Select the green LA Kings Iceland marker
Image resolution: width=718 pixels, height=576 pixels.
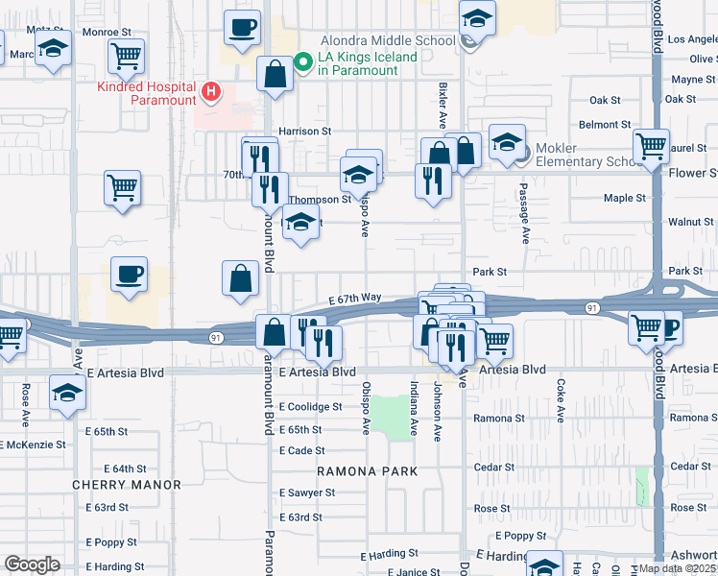pos(303,63)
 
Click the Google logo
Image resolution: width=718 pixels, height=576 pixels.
pos(32,564)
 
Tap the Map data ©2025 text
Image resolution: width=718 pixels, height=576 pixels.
pos(678,568)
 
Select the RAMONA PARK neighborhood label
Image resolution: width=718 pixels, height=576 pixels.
pos(369,471)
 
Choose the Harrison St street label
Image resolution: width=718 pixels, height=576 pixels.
pos(304,131)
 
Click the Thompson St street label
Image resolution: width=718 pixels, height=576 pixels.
pos(320,200)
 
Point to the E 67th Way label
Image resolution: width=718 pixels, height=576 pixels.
pos(354,300)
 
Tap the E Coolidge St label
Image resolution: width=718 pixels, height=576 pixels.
pos(310,407)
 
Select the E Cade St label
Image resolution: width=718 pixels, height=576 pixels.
pos(301,450)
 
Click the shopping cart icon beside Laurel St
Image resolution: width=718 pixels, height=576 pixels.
pos(652,147)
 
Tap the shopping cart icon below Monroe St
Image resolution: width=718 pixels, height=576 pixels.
pos(126,57)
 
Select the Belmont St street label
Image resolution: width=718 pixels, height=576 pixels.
pos(605,125)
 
